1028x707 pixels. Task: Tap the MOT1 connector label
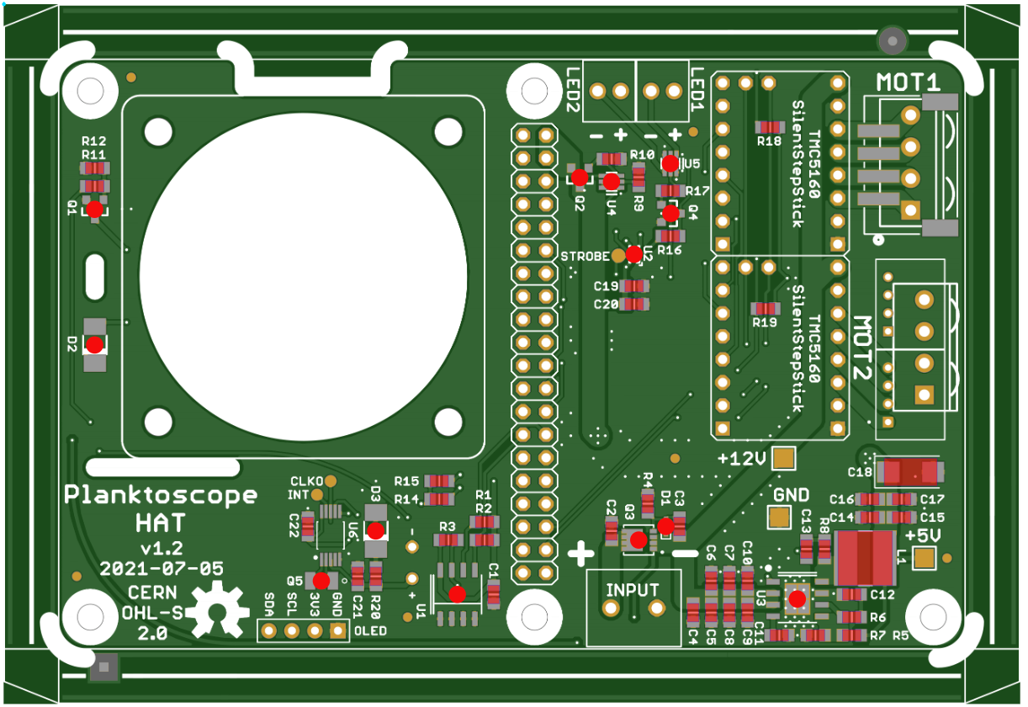click(x=908, y=82)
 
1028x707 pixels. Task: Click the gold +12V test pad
click(x=784, y=459)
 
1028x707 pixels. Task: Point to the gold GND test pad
click(x=779, y=517)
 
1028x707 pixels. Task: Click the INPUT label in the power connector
click(x=633, y=589)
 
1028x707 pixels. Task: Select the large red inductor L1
click(x=864, y=558)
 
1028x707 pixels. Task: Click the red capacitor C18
click(x=908, y=472)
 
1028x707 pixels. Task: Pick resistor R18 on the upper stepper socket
click(x=769, y=127)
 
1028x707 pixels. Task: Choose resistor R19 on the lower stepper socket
click(x=765, y=308)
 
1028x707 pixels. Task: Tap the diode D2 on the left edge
click(x=95, y=344)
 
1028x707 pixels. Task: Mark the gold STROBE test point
click(x=618, y=255)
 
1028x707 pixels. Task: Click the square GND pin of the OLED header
click(x=338, y=630)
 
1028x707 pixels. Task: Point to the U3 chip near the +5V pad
click(x=797, y=598)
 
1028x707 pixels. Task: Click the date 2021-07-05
click(x=162, y=568)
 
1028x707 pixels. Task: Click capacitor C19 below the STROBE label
click(x=634, y=286)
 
